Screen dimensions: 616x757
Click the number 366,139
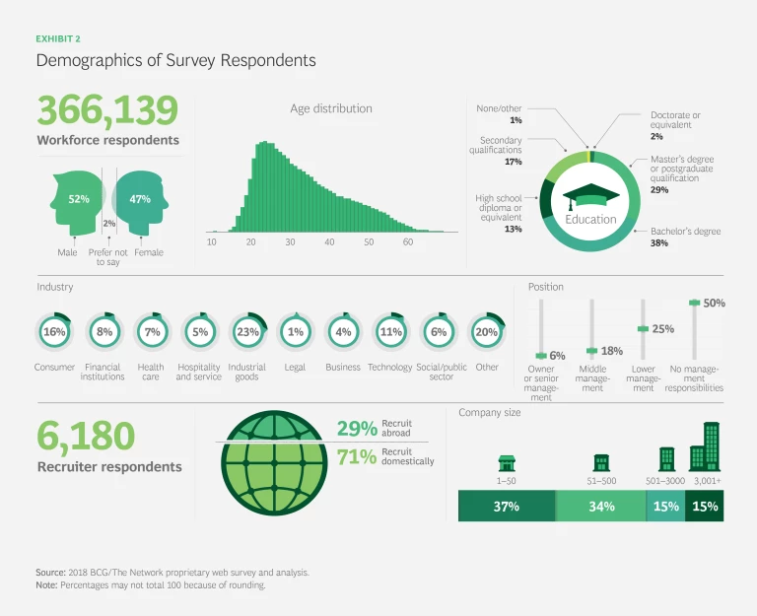point(107,111)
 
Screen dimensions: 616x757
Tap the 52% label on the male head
point(79,199)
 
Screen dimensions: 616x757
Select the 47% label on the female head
point(140,199)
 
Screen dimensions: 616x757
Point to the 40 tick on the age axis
point(329,242)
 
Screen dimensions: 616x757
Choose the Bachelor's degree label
point(685,232)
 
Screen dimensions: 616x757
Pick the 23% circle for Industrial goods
point(247,332)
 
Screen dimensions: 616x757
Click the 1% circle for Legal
point(295,332)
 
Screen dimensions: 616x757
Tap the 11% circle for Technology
point(390,332)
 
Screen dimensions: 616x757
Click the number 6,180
point(86,437)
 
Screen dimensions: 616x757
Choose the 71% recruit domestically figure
point(356,456)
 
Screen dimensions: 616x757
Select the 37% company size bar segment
point(507,507)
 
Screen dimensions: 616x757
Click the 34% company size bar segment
point(601,507)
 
